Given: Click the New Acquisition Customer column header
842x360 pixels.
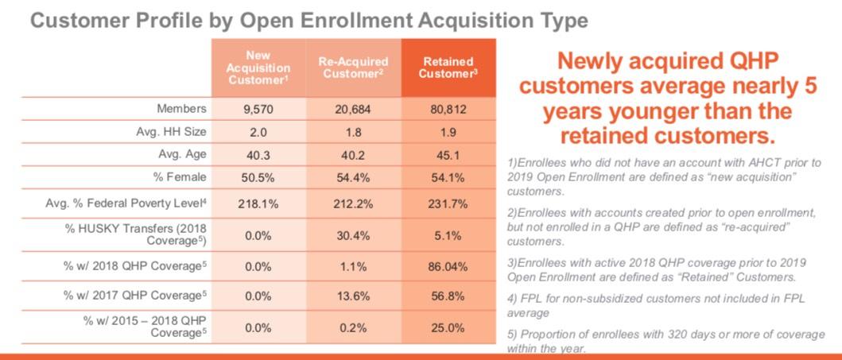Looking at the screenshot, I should [x=258, y=68].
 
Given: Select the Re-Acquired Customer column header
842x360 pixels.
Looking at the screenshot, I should [x=353, y=68].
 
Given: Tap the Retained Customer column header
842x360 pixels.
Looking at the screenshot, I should [x=448, y=68].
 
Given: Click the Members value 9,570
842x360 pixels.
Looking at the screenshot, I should [x=258, y=109].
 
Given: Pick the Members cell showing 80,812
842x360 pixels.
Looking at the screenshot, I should [x=448, y=109].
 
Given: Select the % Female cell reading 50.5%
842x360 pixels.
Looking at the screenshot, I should [x=258, y=177].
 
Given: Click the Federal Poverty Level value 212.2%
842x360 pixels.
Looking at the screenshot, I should [x=353, y=204].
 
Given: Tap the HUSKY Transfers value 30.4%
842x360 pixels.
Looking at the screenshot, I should [x=353, y=235].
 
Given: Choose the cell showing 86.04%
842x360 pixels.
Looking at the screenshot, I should [x=448, y=266].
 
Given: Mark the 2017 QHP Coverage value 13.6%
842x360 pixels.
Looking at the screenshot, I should [x=353, y=296].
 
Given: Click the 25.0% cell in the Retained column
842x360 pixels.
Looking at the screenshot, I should [x=448, y=326].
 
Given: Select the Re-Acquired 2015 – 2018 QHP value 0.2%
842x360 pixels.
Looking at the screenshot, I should [x=353, y=326].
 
